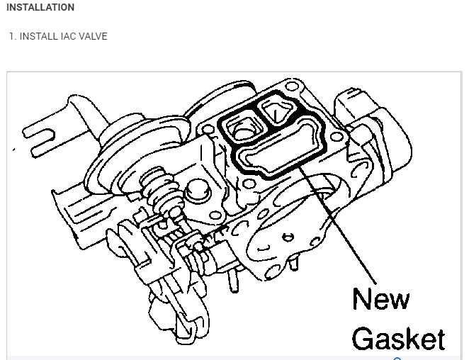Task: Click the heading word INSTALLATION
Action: click(x=40, y=7)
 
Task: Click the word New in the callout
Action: click(x=380, y=299)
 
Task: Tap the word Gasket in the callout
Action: click(x=398, y=339)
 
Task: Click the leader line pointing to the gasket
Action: click(x=337, y=225)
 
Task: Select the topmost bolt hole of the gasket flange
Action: click(x=292, y=86)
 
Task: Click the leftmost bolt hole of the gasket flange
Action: click(x=208, y=130)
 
